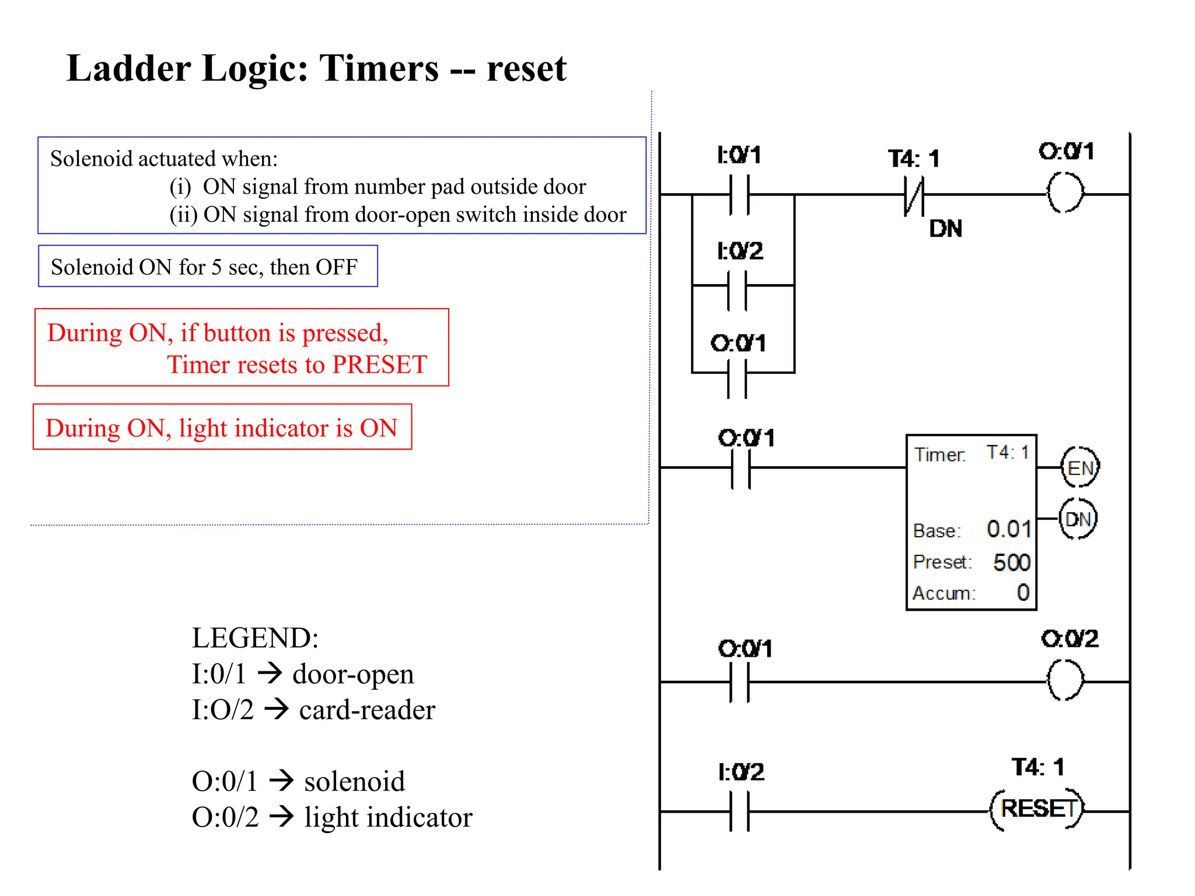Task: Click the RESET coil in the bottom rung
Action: coord(1037,810)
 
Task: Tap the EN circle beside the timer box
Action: coord(1079,468)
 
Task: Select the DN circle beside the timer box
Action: coord(1078,519)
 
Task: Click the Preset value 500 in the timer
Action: coord(1011,562)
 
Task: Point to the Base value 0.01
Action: coord(1008,529)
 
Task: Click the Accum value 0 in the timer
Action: coord(1022,593)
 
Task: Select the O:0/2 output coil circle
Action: coord(1065,681)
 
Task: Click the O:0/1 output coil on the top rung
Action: coord(1065,193)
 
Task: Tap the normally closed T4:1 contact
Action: coord(914,195)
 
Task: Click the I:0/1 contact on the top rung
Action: coord(739,195)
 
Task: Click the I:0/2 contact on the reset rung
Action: coord(739,811)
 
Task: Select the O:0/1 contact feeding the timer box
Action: coord(741,468)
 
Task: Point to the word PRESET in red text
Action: coord(379,365)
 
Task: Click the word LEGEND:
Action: coord(255,638)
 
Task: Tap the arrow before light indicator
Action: coord(281,816)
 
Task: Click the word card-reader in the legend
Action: coord(367,710)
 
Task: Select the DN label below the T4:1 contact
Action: coord(945,229)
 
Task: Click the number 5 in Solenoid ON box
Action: coord(216,267)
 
